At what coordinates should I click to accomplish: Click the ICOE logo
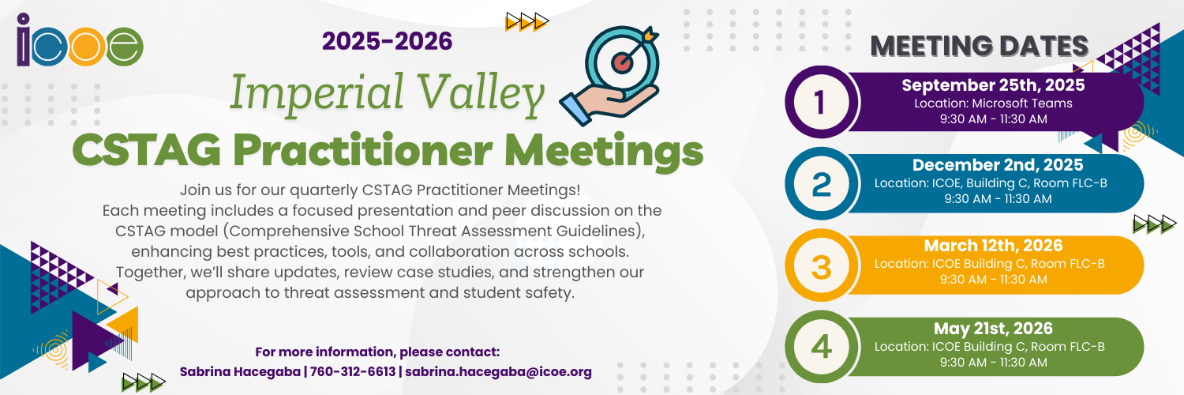tap(79, 40)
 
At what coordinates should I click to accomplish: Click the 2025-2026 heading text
tap(387, 41)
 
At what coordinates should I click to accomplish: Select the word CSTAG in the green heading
tap(146, 150)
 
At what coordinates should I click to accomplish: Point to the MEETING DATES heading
tap(980, 46)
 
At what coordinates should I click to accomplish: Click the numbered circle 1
tap(822, 102)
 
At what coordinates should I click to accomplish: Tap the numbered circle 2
tap(822, 183)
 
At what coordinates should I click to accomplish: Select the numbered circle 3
tap(822, 265)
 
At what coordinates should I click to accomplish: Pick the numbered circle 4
tap(822, 347)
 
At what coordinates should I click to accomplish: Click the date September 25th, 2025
tap(993, 85)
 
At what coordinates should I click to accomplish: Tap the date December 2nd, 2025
tap(998, 165)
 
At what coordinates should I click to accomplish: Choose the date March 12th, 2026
tap(993, 246)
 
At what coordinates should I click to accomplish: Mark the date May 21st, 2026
tap(993, 329)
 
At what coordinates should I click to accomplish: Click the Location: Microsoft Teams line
tap(993, 103)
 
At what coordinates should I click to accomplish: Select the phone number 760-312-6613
tap(353, 372)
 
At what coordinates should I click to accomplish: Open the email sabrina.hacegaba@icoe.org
tap(498, 372)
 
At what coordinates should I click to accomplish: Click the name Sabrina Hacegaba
tap(240, 372)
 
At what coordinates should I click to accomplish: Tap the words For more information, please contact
tap(377, 352)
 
